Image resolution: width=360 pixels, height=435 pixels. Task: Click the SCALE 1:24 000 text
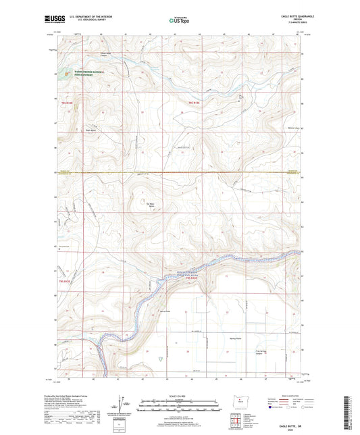180,396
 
